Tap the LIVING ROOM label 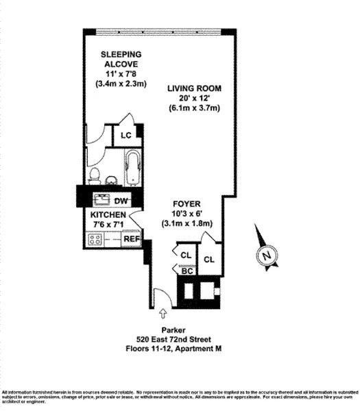(x=195, y=88)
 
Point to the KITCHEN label (x=105, y=214)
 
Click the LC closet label (x=125, y=135)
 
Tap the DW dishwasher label (x=121, y=201)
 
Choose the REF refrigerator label (x=130, y=240)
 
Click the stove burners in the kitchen (x=95, y=240)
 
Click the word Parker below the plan (x=179, y=330)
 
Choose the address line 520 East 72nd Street (x=180, y=339)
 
